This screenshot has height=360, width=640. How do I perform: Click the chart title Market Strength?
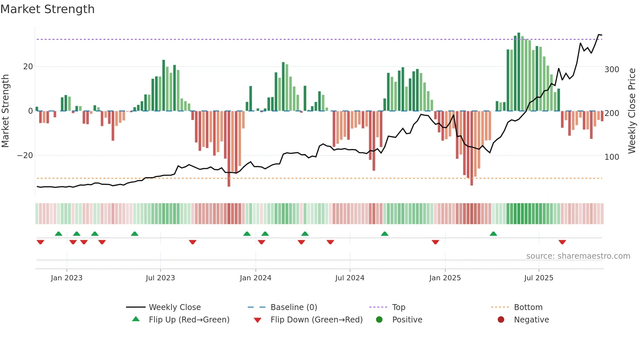[x=47, y=9]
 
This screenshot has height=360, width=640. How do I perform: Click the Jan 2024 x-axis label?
[x=255, y=278]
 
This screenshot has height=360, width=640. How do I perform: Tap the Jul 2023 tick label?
[x=160, y=278]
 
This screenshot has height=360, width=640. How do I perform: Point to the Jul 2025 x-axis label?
[x=538, y=278]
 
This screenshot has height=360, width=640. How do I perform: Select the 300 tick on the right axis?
[x=612, y=70]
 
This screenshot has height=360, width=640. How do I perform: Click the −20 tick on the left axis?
[x=25, y=155]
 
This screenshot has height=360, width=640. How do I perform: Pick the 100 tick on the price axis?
[x=612, y=157]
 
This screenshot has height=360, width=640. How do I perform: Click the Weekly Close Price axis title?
[x=632, y=111]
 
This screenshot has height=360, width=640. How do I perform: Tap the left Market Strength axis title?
[x=6, y=111]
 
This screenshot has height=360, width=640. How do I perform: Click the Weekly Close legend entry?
[x=174, y=307]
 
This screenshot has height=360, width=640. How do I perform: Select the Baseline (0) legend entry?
[x=294, y=307]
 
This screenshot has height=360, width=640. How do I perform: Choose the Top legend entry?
[x=398, y=307]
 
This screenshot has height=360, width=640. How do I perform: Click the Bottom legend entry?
[x=528, y=307]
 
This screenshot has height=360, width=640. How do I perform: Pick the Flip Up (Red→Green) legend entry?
[x=189, y=320]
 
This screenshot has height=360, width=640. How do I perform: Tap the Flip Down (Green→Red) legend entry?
[x=316, y=320]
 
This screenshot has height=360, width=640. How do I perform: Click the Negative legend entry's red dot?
[x=501, y=320]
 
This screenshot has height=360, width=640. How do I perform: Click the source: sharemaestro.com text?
[x=578, y=256]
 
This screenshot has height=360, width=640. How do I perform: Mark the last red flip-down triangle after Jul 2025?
[x=562, y=242]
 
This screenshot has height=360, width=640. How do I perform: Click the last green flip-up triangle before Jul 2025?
[x=493, y=234]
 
